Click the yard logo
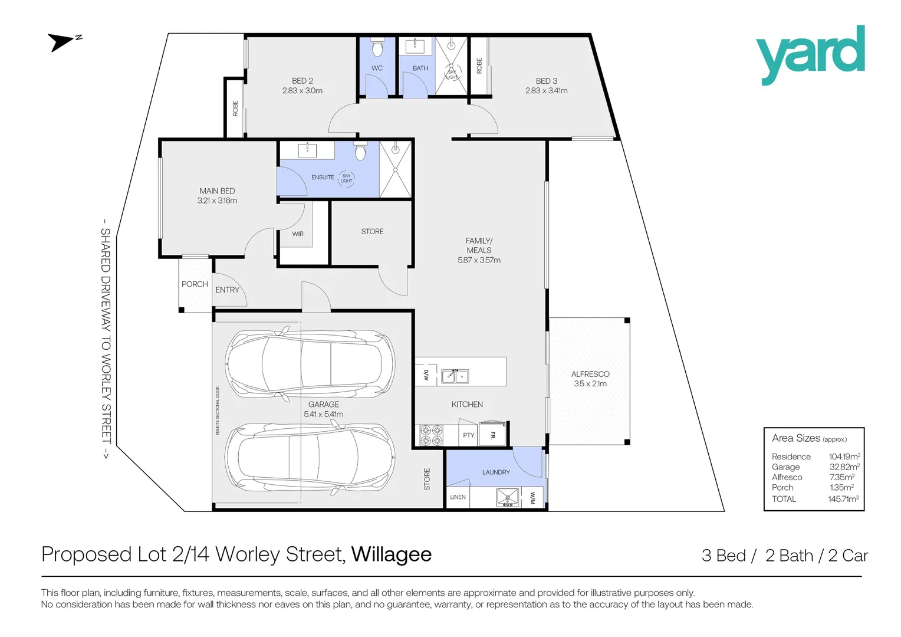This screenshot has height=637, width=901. tap(810, 55)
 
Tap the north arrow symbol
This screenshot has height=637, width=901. tap(64, 42)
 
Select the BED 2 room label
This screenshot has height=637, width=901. tap(302, 81)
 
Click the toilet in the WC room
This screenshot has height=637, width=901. tap(377, 48)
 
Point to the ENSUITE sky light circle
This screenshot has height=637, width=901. tap(346, 178)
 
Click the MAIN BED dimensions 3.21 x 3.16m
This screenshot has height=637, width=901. tap(217, 201)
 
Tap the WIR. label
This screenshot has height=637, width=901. tap(298, 234)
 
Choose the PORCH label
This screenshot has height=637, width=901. tap(195, 284)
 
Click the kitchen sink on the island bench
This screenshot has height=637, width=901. tap(455, 376)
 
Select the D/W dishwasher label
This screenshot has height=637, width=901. tap(426, 376)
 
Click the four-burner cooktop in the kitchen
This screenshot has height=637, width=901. tap(431, 435)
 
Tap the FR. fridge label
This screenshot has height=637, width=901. tap(493, 435)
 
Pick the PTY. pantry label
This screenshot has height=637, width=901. tap(469, 435)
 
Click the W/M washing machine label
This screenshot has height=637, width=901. tap(532, 498)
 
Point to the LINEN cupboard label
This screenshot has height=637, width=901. tap(458, 497)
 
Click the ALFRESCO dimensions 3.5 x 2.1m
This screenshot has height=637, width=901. tap(590, 383)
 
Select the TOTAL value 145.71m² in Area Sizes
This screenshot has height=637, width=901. tap(844, 499)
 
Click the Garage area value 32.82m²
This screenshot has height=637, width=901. tap(844, 467)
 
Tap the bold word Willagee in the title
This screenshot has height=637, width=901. tap(392, 554)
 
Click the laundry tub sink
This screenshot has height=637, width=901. tap(507, 497)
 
